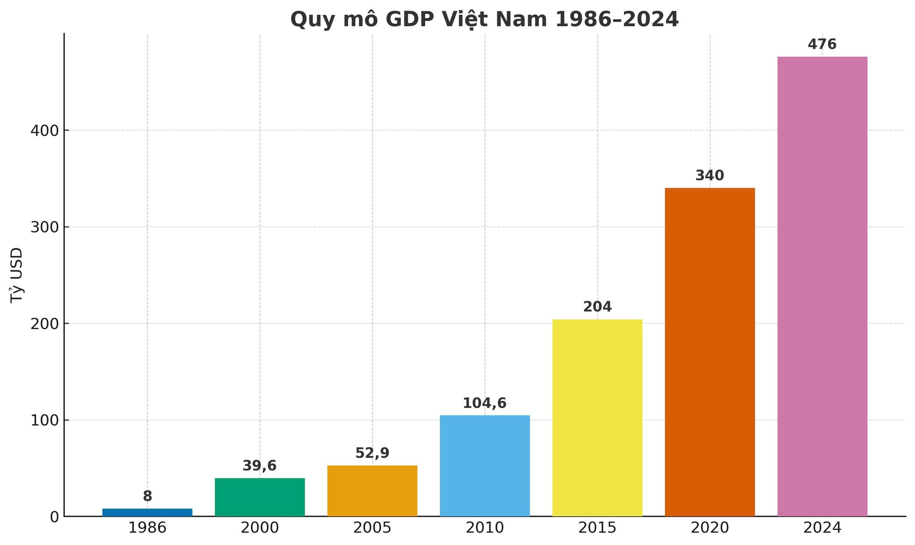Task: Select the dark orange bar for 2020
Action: pos(710,352)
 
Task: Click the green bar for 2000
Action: pos(260,497)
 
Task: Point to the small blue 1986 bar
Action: pos(147,512)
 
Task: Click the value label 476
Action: pos(822,44)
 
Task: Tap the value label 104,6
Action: pos(484,403)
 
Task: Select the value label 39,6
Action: pos(259,466)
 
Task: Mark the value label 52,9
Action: pos(372,453)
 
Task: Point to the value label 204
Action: pos(597,307)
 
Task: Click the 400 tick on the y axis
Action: pos(45,131)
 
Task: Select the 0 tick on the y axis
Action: pos(54,517)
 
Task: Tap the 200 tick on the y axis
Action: pos(45,324)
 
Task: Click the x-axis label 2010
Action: pos(484,528)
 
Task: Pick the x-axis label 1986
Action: pos(147,528)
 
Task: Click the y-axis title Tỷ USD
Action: pos(16,274)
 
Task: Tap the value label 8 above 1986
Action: pos(147,496)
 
